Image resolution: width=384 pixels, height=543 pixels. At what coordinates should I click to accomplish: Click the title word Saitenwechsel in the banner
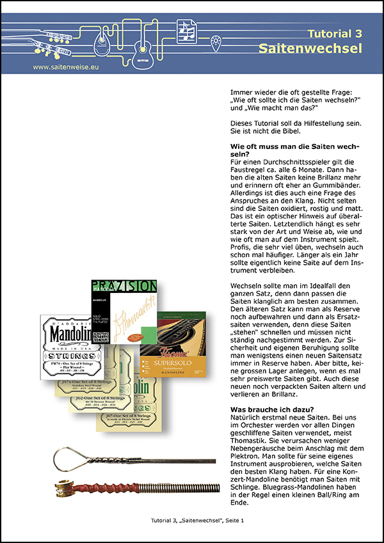point(310,49)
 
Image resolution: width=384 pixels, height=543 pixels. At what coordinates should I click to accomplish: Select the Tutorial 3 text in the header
point(335,33)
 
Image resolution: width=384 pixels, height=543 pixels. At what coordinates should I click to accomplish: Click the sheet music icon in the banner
point(187,29)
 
